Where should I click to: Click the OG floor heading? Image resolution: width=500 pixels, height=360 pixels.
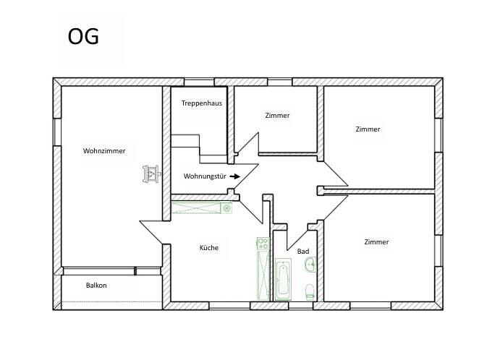point(83,36)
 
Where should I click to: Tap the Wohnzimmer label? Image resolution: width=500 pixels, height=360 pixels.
point(104,150)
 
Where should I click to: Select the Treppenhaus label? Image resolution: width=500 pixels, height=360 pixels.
point(202,103)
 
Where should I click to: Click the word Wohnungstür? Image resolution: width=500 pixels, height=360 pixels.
point(205,176)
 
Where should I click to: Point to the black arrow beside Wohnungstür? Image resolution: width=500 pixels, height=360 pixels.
point(235,176)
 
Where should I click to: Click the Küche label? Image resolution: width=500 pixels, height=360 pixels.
point(209,247)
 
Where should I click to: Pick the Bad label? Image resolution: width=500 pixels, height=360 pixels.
point(303,252)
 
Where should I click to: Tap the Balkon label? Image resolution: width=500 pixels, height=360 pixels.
point(96,285)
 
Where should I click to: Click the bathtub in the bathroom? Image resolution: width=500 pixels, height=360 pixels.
point(283,280)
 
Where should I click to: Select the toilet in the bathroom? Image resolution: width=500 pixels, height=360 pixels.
point(310,292)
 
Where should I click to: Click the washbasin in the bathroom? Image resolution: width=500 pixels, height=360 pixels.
point(310,265)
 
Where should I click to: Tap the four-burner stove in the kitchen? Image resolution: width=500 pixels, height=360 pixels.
point(263,244)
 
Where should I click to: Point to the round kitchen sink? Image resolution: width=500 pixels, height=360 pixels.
point(226,208)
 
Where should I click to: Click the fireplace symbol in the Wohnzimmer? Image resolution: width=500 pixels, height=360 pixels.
point(151,174)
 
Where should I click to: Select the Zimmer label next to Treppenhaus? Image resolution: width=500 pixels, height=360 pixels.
point(277,116)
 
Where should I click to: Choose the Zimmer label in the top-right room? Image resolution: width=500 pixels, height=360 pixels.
point(368,129)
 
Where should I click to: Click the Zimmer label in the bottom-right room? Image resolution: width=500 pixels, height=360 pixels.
point(376,241)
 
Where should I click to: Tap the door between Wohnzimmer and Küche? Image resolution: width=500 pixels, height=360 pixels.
point(151,233)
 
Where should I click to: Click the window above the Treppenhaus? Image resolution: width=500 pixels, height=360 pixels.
point(199,82)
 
